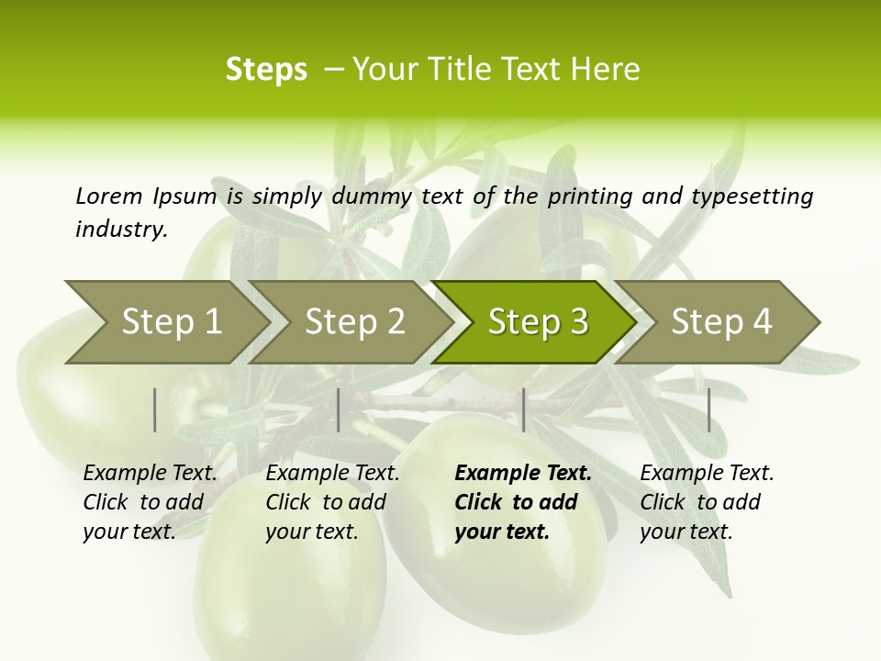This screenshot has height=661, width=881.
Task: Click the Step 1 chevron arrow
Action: coord(170,322)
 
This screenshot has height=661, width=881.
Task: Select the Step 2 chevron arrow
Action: coord(353,322)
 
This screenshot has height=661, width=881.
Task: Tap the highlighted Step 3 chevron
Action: coord(537,322)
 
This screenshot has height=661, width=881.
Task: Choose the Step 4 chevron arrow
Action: coord(720,322)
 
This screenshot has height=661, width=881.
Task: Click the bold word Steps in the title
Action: coord(266,70)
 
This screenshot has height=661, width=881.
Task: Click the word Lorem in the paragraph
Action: coord(108,196)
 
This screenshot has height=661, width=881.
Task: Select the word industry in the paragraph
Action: coord(120,229)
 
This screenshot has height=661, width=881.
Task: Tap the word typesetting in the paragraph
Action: coord(751,196)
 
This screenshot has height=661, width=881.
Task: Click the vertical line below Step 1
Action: coord(155,409)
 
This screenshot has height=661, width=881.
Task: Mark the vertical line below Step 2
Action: coord(339,409)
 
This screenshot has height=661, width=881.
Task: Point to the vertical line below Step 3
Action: coord(523,409)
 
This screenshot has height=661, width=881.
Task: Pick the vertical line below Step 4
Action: coord(708,409)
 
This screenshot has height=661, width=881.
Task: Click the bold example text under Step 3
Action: coord(522,502)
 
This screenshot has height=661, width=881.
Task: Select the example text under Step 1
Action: coord(150,502)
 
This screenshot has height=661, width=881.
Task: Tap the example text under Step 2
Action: coord(332,502)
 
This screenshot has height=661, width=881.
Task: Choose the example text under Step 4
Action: coord(707,502)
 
